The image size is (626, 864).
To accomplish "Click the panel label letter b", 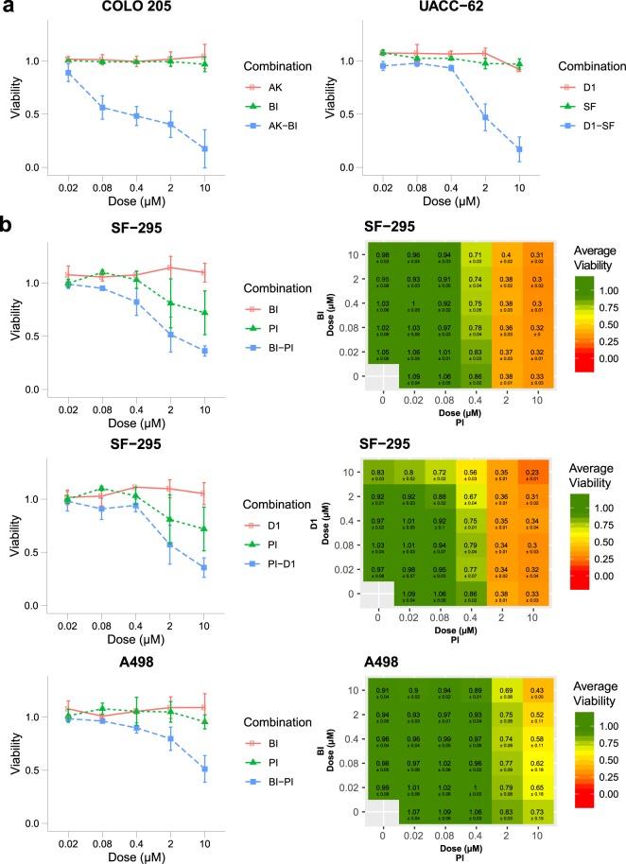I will coord(8,228).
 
